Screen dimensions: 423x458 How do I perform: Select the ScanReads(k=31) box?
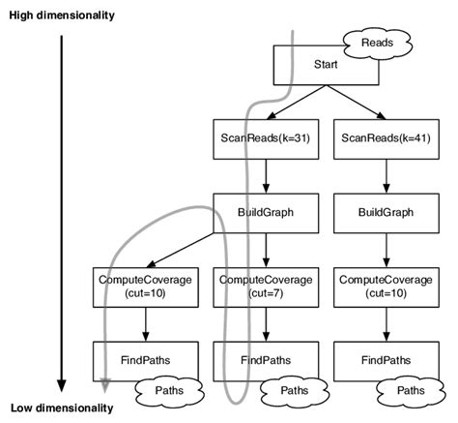266,138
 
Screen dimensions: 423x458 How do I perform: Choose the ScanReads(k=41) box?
385,138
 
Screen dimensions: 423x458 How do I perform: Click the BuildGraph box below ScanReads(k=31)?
266,212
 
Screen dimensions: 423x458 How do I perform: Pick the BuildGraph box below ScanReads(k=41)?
385,212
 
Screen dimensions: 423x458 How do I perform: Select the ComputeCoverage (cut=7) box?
266,286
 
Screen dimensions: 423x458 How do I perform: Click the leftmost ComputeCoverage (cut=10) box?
146,286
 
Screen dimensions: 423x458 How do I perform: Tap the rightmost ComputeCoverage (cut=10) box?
385,286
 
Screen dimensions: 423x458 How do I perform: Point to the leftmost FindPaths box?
146,359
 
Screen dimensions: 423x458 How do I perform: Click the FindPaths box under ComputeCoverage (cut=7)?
266,359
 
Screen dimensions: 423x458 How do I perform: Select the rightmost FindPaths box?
385,359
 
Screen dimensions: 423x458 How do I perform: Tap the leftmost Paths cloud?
166,390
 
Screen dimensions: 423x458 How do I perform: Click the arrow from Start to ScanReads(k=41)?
358,103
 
